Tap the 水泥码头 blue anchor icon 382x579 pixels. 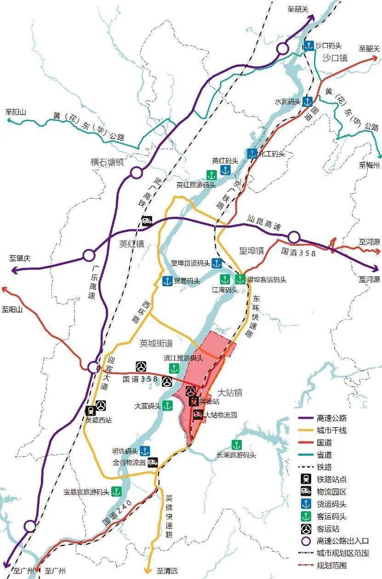click(308, 101)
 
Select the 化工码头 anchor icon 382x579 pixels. click(251, 154)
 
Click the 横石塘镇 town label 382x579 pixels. click(108, 162)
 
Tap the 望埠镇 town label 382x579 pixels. click(251, 251)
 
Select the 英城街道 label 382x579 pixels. click(156, 343)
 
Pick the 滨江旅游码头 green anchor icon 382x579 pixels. click(174, 368)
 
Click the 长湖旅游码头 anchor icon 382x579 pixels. click(237, 445)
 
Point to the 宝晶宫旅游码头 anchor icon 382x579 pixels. click(115, 492)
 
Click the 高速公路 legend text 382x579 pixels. click(331, 418)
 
